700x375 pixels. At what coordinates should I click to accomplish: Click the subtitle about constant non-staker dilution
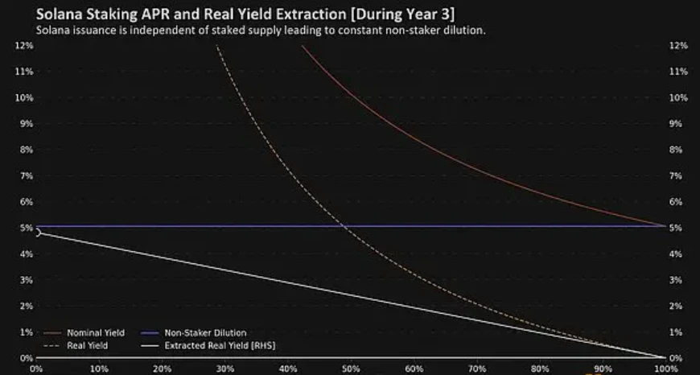point(259,30)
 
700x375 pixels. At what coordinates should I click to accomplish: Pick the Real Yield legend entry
point(80,344)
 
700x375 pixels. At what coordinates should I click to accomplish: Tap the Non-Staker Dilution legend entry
point(205,332)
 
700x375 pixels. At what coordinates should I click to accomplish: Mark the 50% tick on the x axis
point(351,369)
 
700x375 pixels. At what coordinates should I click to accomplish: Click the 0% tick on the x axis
point(36,369)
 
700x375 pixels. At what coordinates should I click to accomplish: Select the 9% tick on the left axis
point(25,124)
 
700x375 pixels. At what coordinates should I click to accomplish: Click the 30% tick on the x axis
point(224,369)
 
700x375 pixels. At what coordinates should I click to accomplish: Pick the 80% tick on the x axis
point(539,369)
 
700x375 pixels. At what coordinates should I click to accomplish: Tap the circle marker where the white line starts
point(37,233)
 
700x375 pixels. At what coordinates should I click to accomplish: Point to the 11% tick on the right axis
point(678,72)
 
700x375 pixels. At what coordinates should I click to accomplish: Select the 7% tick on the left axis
point(25,175)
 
